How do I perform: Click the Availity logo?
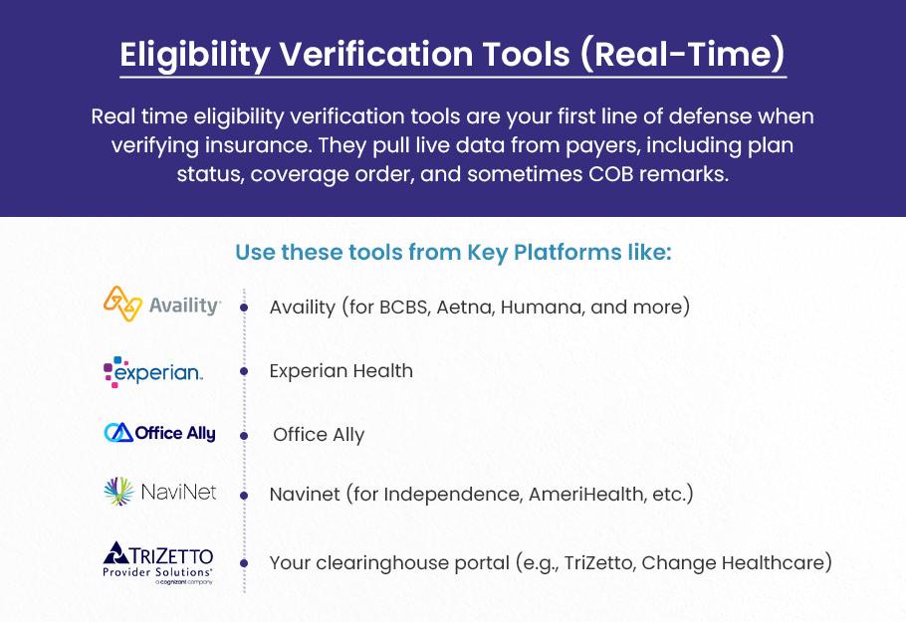coord(162,304)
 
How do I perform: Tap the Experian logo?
coord(153,372)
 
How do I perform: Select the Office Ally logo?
coord(160,433)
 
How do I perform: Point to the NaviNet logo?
coord(160,492)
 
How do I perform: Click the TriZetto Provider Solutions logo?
coord(157,563)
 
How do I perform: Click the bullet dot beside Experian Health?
coord(244,371)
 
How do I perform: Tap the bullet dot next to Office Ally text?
coord(244,436)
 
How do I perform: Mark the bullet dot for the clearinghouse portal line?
coord(244,563)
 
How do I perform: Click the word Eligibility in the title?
coord(195,55)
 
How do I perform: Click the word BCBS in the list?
coord(405,307)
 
